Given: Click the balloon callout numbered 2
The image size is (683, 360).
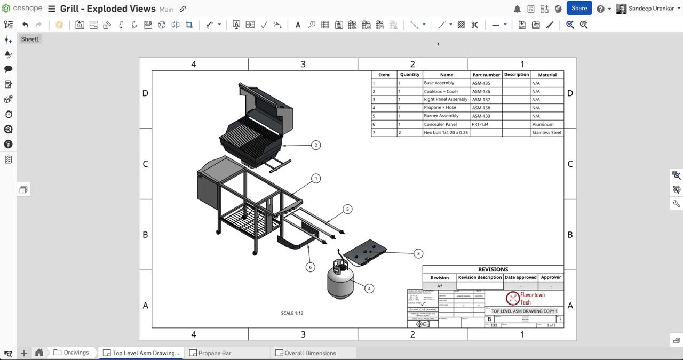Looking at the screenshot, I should coord(316,145).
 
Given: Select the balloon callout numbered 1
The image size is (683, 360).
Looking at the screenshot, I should coord(316,179).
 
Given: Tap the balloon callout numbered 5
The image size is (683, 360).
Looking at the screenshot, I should coord(347,209).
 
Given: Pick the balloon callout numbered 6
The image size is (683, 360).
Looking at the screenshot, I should coord(310,267).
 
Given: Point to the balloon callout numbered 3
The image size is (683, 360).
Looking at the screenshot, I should coord(418,254).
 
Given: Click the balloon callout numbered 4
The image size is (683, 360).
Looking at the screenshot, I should coord(369,289).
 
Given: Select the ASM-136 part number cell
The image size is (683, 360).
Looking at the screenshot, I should coord(486,91).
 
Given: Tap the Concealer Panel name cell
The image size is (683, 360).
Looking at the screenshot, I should coord(446,124).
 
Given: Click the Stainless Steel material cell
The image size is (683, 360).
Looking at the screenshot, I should coord(546,133).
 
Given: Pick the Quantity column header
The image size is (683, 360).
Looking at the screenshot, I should coord(409,75).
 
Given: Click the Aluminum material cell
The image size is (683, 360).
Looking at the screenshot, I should coord(546,124).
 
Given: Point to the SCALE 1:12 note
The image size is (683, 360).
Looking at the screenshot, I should coord(292,313).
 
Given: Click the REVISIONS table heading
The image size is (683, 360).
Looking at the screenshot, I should coord(493,269).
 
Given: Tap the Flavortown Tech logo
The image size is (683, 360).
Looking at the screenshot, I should coord(525,298).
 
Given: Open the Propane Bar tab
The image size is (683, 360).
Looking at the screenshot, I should coord(215,353).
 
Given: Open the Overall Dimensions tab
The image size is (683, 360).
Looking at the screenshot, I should coord(310,353).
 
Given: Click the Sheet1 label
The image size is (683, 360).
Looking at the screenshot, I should coord(30,39).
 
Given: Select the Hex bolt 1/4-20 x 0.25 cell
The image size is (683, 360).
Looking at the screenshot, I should coord(446,133).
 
